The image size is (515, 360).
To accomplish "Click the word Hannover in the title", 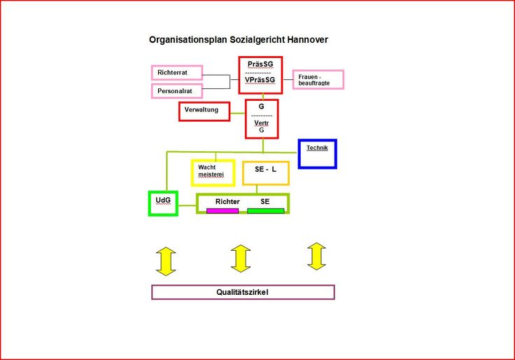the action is click(307, 40).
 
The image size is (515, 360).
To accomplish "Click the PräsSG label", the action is click(260, 64).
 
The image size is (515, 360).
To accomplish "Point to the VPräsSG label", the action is click(260, 80).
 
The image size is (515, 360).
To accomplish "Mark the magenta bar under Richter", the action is click(223, 211).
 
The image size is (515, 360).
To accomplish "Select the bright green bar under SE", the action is click(266, 211).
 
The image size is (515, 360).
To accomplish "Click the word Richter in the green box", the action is click(227, 202).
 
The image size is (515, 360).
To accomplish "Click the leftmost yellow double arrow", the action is click(166, 261).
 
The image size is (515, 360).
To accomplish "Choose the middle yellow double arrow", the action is click(241, 258).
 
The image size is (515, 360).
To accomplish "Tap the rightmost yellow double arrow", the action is click(316, 256).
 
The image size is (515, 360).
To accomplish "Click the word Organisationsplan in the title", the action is click(188, 40).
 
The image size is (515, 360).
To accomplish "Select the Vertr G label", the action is click(262, 126).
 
